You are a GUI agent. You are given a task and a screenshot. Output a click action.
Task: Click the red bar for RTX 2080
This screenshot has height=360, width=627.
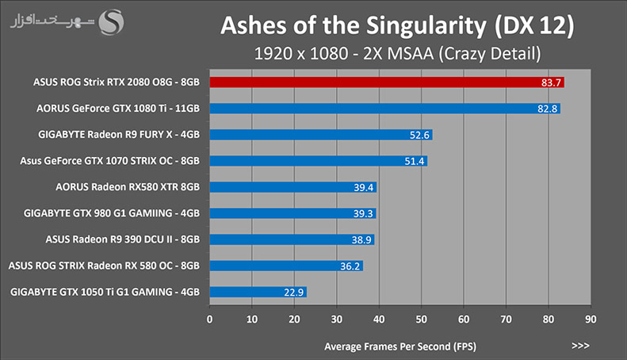(387, 82)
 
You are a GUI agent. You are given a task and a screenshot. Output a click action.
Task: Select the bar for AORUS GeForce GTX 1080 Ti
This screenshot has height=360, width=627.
(384, 109)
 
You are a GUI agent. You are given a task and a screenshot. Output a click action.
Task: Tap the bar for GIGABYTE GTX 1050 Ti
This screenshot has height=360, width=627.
(258, 292)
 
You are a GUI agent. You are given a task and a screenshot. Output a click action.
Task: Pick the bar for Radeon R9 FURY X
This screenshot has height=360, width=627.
(321, 135)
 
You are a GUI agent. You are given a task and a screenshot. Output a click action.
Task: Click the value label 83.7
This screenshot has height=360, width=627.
(551, 82)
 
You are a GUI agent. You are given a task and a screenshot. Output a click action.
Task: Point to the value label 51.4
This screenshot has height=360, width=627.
(415, 161)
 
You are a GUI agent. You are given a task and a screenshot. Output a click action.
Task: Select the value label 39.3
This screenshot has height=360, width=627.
(363, 213)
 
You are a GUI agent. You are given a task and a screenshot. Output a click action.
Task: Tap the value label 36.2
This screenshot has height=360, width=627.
(350, 266)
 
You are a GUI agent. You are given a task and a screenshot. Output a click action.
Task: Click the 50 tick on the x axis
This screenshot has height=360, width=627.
(421, 320)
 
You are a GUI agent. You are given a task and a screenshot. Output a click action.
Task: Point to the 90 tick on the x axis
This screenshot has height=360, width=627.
(591, 320)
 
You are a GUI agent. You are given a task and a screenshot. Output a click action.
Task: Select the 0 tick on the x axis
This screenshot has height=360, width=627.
(209, 320)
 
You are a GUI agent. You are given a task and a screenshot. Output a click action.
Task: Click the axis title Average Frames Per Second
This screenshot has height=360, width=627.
(400, 347)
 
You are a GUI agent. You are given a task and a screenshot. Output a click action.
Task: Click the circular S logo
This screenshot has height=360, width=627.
(111, 22)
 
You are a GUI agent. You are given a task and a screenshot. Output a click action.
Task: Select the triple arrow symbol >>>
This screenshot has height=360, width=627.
(580, 346)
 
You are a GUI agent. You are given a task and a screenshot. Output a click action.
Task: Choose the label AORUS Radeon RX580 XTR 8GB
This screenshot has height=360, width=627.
(128, 187)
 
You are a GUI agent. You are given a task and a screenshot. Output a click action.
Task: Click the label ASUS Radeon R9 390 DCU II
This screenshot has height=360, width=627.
(109, 239)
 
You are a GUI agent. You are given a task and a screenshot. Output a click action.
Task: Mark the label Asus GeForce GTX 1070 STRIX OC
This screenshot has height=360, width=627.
(97, 161)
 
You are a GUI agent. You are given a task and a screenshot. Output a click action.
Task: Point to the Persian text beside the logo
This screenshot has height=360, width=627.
(52, 21)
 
